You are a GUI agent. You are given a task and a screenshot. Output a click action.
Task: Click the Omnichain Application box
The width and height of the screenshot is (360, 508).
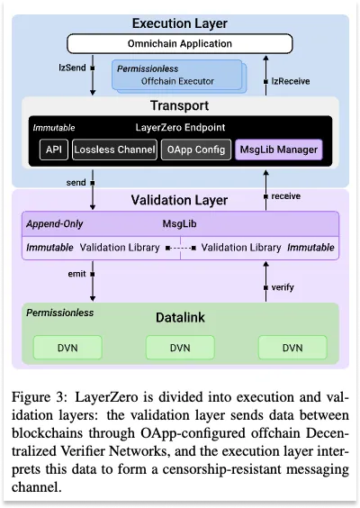click(180, 44)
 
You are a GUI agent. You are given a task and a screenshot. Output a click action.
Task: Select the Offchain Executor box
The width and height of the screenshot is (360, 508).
click(177, 75)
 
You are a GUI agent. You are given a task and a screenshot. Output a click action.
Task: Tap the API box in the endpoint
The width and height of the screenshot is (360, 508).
click(54, 150)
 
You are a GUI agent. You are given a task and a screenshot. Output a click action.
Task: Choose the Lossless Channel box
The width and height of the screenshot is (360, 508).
click(114, 150)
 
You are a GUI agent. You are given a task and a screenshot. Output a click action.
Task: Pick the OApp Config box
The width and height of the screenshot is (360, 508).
click(196, 150)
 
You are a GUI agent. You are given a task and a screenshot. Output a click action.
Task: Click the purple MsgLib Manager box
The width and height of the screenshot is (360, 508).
click(279, 150)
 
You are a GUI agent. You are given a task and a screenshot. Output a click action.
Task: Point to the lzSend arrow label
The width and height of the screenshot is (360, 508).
click(72, 68)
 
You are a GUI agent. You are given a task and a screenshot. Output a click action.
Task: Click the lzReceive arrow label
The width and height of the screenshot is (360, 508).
click(291, 81)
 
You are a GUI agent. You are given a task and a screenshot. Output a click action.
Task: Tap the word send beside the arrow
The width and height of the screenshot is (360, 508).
click(76, 183)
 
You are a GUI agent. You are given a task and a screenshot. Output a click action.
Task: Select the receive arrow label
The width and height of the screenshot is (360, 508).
click(286, 196)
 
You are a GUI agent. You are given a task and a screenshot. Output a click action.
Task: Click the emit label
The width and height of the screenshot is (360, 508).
click(76, 274)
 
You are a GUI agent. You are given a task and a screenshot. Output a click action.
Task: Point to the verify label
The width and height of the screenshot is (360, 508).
click(283, 287)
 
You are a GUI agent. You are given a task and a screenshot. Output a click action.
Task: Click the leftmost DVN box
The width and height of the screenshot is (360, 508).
click(67, 348)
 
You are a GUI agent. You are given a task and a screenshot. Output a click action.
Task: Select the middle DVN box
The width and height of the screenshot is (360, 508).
click(180, 348)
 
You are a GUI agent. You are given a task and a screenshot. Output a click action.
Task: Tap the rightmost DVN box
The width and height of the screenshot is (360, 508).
click(292, 348)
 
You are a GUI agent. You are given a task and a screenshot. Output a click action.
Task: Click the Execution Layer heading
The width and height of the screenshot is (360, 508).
click(180, 23)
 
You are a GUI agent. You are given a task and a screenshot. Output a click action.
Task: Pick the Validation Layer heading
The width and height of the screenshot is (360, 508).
click(179, 200)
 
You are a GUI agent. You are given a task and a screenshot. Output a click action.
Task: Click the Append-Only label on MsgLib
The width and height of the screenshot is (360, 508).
click(54, 224)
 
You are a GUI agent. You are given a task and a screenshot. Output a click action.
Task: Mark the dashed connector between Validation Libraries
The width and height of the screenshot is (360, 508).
click(181, 249)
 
